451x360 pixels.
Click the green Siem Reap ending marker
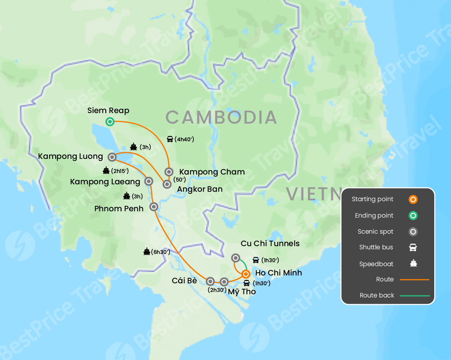click(x=110, y=122)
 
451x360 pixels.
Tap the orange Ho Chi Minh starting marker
click(x=246, y=274)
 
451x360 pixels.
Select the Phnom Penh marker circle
click(x=154, y=207)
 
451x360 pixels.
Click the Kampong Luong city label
click(x=70, y=157)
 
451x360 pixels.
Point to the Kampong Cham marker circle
click(x=169, y=171)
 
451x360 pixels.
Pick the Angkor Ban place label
click(x=200, y=189)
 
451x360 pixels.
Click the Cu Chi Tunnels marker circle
click(x=235, y=257)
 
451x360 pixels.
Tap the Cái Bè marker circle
click(x=210, y=281)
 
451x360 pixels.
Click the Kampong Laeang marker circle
click(x=149, y=181)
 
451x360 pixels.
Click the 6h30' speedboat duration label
click(x=161, y=252)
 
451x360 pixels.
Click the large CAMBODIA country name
click(x=221, y=117)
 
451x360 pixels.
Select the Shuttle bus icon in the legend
click(x=413, y=247)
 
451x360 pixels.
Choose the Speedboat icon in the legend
click(x=413, y=264)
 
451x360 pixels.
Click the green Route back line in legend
click(x=415, y=296)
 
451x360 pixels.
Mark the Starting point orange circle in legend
click(x=413, y=199)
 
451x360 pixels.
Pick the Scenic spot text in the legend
click(x=375, y=232)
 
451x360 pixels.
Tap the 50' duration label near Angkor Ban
click(x=179, y=180)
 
